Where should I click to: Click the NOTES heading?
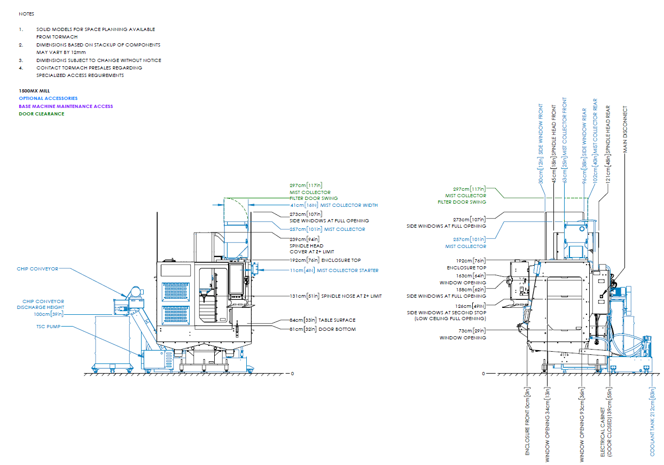pyautogui.click(x=26, y=14)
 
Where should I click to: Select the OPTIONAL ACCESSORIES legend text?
pyautogui.click(x=48, y=98)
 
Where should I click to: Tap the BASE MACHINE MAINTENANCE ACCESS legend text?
pyautogui.click(x=66, y=106)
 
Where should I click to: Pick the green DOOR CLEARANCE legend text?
pyautogui.click(x=41, y=114)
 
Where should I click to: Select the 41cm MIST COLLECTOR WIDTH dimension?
pyautogui.click(x=333, y=205)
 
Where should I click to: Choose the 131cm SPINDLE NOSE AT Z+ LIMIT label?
pyautogui.click(x=336, y=296)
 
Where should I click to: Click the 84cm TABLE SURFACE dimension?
pyautogui.click(x=322, y=320)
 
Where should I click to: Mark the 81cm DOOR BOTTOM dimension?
pyautogui.click(x=322, y=329)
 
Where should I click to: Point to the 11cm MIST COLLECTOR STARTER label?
pyautogui.click(x=334, y=270)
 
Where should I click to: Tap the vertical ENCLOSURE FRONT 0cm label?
pyautogui.click(x=527, y=422)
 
